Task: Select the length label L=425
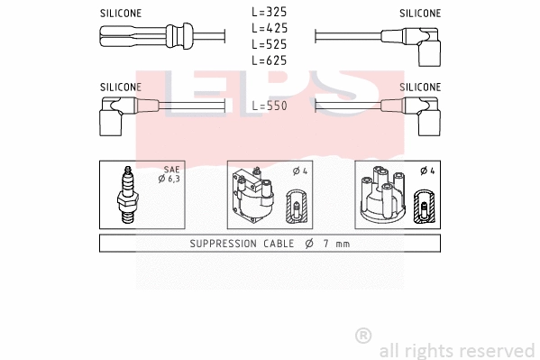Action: point(269,29)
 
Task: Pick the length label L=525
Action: point(269,44)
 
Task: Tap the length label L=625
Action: point(269,60)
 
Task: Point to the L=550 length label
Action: point(269,106)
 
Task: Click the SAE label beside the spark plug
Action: point(172,169)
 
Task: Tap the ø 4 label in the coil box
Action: point(300,171)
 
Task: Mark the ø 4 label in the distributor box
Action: point(426,171)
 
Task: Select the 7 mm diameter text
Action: point(328,244)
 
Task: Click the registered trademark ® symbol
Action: point(364,336)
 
